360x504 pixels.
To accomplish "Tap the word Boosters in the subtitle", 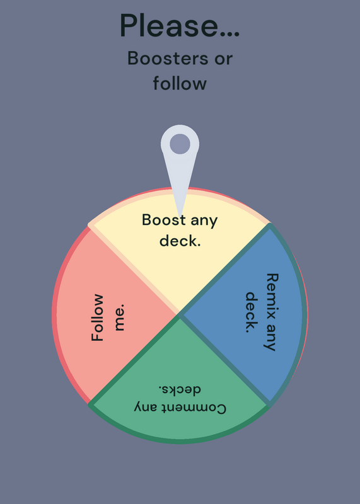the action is [x=168, y=59].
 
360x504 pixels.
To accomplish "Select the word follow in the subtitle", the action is [x=180, y=83].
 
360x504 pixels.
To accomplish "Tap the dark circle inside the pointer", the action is [x=180, y=144].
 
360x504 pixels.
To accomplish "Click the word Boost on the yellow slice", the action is [x=164, y=220].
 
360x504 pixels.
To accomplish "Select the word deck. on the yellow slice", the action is [x=180, y=240].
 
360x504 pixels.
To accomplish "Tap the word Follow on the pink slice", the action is [x=98, y=318].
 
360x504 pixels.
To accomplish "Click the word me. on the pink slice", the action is [x=119, y=318].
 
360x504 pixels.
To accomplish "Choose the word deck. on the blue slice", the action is [x=252, y=312].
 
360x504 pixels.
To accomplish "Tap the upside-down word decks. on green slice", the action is [x=180, y=389].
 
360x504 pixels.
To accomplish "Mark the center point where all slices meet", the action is [x=180, y=314].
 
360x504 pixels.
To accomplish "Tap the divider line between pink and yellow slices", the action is [x=134, y=270].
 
